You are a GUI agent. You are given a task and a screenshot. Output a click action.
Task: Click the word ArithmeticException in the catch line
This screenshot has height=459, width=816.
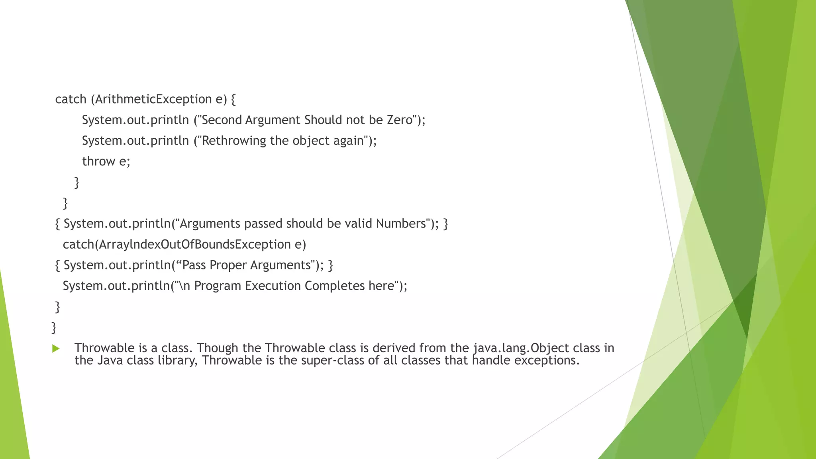[x=153, y=99]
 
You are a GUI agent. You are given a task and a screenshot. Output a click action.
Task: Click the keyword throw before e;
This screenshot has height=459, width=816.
[x=98, y=161]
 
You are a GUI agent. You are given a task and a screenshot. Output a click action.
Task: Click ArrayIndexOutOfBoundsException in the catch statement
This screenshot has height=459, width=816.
[x=195, y=244]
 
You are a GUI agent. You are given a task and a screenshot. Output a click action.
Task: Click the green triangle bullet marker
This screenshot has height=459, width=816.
[x=56, y=349]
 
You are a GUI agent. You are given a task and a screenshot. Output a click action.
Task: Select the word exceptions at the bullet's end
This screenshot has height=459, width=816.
[x=546, y=360]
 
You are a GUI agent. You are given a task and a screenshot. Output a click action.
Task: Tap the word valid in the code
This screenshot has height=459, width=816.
[x=358, y=224]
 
